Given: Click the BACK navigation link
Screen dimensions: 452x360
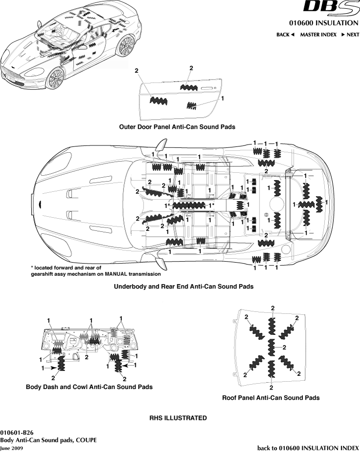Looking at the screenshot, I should point(285,35).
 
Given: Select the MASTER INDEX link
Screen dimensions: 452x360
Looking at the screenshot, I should point(318,35).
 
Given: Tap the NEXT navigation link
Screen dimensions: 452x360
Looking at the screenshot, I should point(350,35).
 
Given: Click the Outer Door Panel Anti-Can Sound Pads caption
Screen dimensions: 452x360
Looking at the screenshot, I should point(177,127).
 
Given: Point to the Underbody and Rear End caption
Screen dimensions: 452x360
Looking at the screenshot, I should point(184,287).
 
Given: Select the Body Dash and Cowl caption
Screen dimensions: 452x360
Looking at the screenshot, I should point(89,387).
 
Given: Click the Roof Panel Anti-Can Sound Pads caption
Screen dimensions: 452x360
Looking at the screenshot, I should point(271,398).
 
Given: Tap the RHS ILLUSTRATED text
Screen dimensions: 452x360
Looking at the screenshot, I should point(178,418).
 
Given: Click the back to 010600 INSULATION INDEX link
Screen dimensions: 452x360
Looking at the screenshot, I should point(308,448).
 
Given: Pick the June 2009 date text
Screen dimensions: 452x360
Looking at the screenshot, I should point(11,448).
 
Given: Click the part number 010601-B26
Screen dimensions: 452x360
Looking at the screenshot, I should point(17,432).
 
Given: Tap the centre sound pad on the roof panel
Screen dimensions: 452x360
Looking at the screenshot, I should point(272,348).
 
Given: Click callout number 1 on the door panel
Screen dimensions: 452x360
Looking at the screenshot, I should point(223,98).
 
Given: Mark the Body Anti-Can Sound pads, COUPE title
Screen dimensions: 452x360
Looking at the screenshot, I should point(48,440).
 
